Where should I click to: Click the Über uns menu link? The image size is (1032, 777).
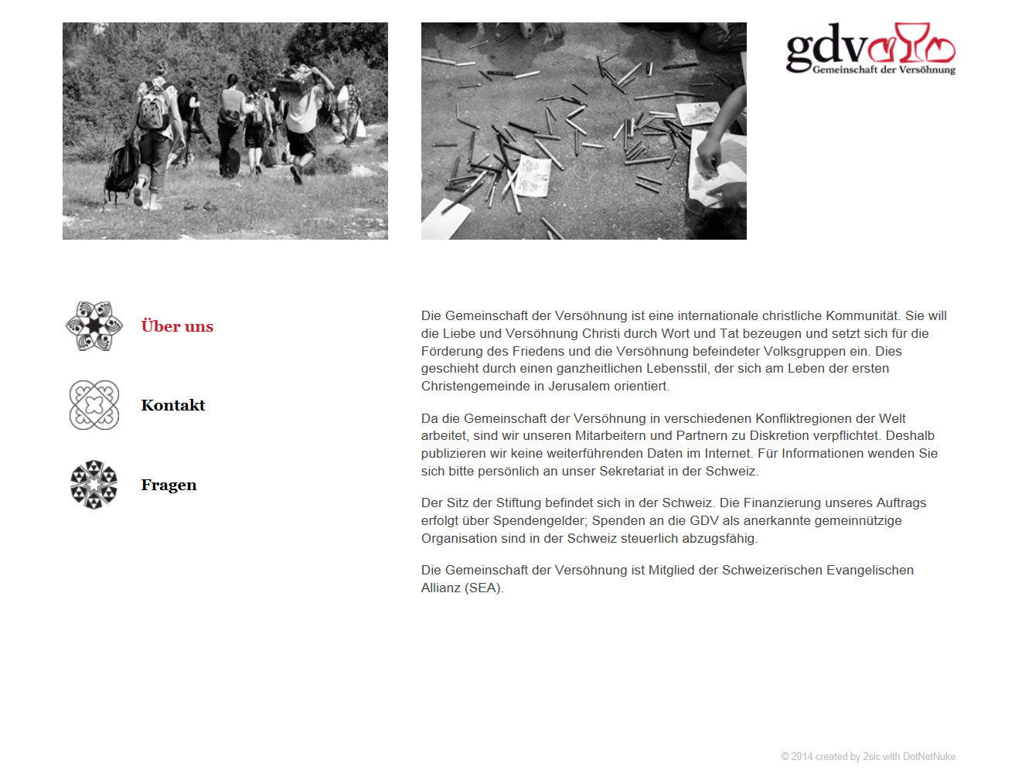[177, 326]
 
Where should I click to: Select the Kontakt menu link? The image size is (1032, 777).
[173, 405]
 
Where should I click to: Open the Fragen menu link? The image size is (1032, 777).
[169, 485]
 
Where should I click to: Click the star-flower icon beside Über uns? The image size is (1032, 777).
[94, 326]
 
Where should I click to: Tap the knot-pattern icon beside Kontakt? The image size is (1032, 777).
[94, 405]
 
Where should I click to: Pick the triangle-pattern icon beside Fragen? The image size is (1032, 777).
[94, 485]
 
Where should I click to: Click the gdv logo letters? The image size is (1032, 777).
[826, 46]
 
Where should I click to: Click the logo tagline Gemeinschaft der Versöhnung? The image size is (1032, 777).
[884, 70]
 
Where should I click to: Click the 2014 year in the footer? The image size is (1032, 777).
[802, 757]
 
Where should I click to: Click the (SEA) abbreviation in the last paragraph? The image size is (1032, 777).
[484, 588]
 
